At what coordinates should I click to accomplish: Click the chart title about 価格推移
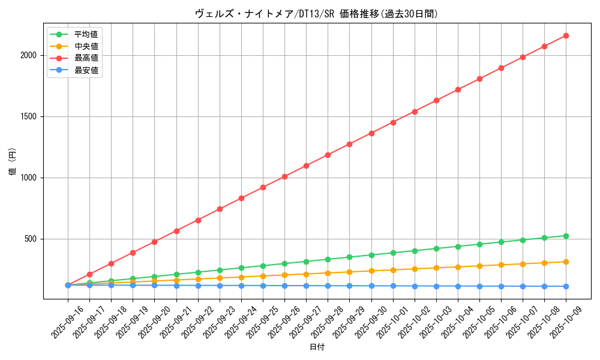pos(317,14)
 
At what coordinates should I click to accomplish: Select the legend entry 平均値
pos(86,34)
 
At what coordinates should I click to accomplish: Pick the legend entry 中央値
pos(86,46)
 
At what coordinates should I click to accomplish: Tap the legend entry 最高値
pos(86,58)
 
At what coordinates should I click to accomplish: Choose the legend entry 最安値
pos(86,70)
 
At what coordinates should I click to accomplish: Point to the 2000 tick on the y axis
pos(30,55)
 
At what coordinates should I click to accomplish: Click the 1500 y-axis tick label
pos(30,116)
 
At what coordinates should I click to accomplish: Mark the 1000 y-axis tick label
pos(30,178)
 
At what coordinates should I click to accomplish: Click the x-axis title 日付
pos(317,347)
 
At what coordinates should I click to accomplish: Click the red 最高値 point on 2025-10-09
pos(566,36)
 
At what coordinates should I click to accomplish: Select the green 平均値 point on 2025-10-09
pos(566,236)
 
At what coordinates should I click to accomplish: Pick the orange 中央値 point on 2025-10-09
pos(566,262)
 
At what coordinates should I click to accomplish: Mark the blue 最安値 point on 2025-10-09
pos(566,286)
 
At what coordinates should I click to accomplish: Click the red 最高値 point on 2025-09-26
pos(284,176)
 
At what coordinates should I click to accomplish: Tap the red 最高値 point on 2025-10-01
pos(393,122)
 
